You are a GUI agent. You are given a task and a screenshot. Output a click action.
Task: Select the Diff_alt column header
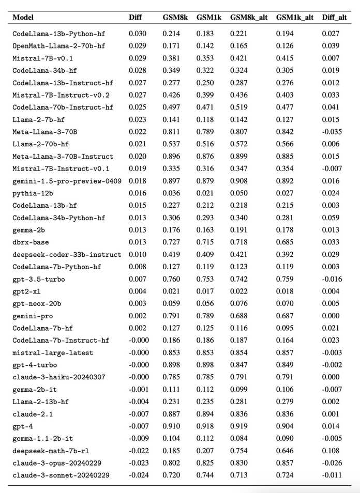[333, 18]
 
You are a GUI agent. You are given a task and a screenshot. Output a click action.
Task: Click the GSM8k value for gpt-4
[171, 426]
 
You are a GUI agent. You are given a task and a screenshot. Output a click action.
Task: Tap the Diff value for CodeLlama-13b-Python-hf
[137, 34]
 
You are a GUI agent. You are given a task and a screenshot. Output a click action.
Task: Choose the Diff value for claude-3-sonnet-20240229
[137, 475]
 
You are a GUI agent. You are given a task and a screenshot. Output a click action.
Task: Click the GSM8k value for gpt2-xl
[171, 291]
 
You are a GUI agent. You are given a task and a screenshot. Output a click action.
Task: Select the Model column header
[23, 18]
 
